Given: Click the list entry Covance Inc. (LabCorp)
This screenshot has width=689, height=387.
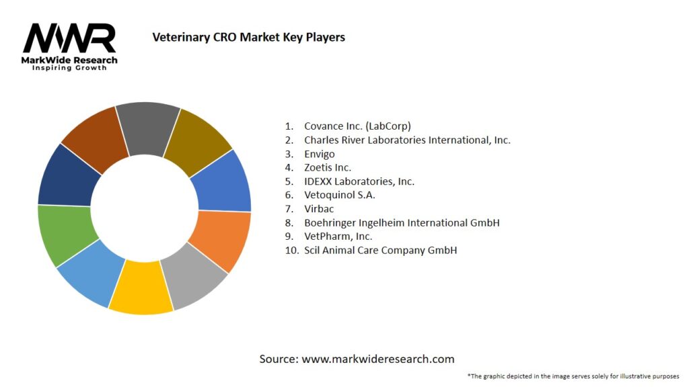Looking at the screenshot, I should click(x=357, y=126).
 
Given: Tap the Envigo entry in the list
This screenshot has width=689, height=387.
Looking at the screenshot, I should click(x=319, y=153).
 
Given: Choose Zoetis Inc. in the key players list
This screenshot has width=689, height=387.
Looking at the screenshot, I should click(x=328, y=167).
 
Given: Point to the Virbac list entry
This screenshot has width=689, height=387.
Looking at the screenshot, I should click(x=319, y=208).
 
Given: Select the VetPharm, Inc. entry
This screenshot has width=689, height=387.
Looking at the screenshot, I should click(x=338, y=236).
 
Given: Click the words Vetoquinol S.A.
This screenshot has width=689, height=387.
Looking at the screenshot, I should click(x=339, y=195).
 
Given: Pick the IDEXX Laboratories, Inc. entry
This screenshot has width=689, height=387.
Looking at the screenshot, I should click(x=359, y=181).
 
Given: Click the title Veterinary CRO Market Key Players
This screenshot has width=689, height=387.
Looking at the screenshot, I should click(x=249, y=37).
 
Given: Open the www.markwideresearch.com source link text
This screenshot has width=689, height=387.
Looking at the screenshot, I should click(x=377, y=359).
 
